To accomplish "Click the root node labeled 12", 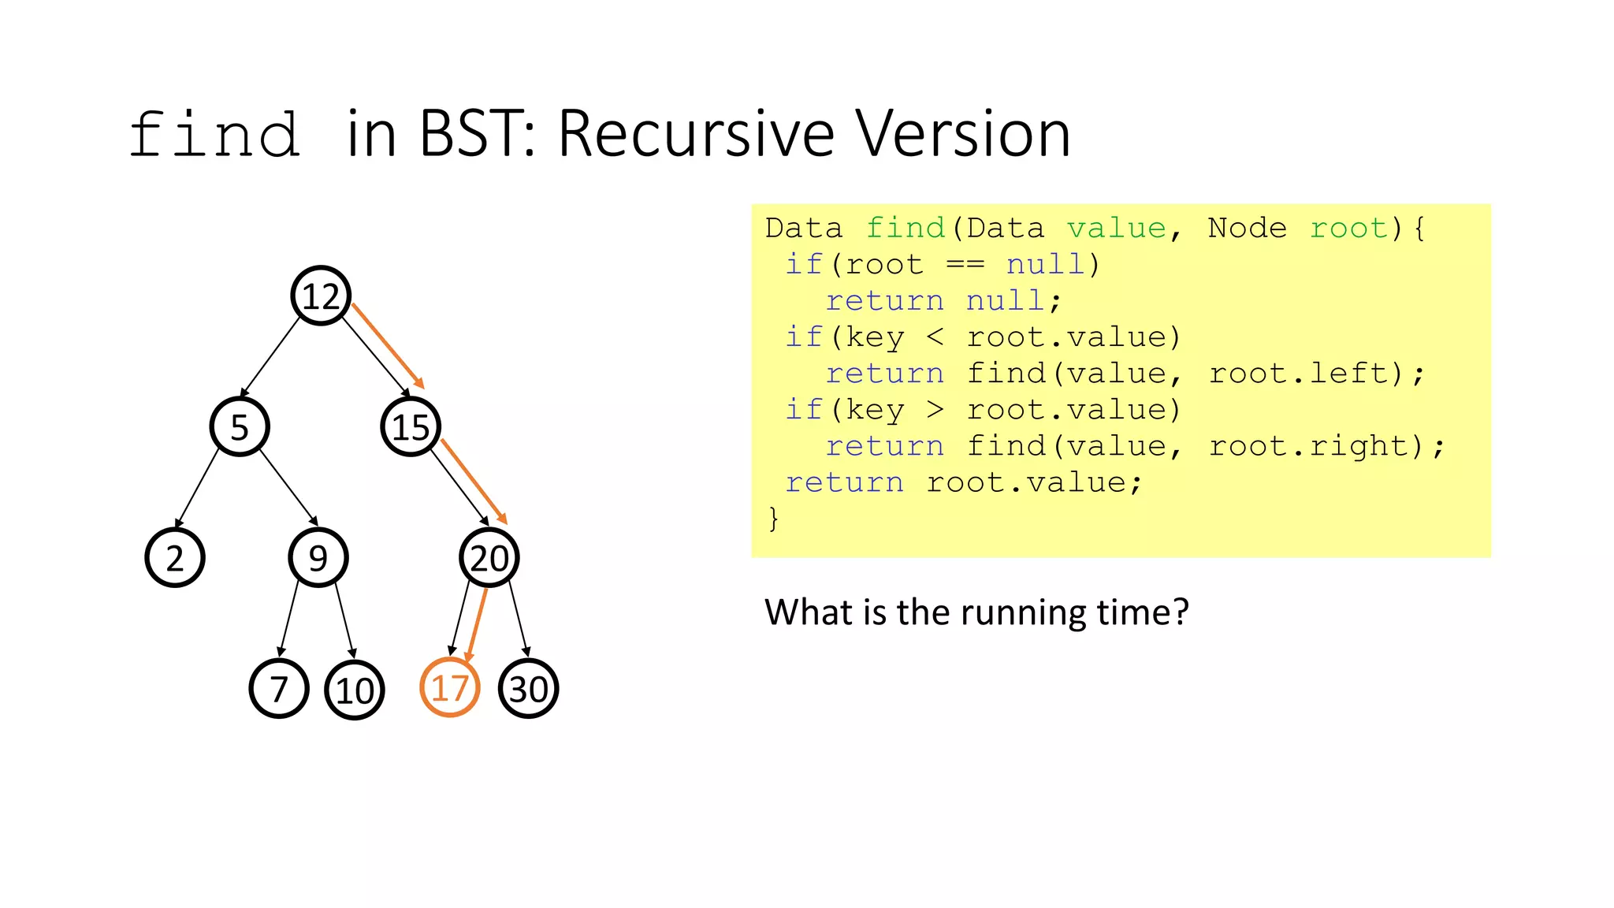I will click(x=321, y=296).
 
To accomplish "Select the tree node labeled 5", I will click(x=240, y=427).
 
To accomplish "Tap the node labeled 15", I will click(x=411, y=427).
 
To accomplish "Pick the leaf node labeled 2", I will click(x=175, y=558).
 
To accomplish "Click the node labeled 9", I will click(x=318, y=558).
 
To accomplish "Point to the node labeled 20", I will click(x=489, y=558).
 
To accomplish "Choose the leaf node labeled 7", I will click(x=279, y=689).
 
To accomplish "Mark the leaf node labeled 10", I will click(x=355, y=690).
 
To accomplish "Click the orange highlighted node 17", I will click(x=450, y=688).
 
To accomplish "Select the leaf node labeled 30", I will click(x=529, y=689).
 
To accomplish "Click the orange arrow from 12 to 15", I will click(x=388, y=346).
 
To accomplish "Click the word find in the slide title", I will click(x=214, y=136).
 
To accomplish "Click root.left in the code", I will click(x=1307, y=374).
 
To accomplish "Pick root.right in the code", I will click(x=1318, y=446).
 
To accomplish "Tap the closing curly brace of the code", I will click(x=773, y=519).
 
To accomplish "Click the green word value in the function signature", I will click(x=1116, y=229).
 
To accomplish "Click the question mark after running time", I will click(x=1181, y=612).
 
